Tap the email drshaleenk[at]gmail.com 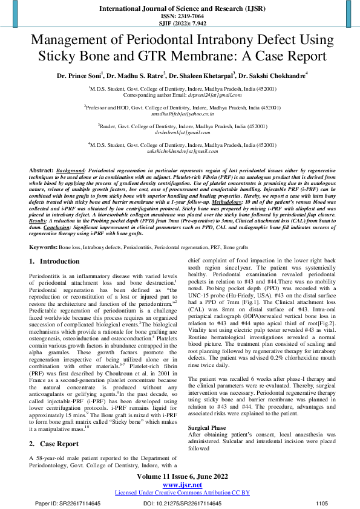coord(182,132)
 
